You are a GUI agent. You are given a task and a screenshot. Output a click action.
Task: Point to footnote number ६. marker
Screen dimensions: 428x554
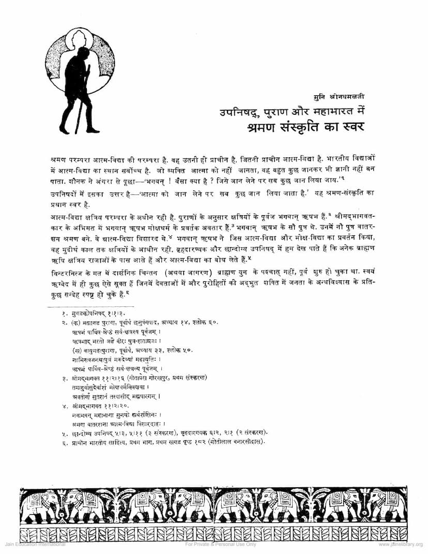(x=65, y=441)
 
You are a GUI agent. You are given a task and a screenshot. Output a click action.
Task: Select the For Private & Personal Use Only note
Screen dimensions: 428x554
(x=221, y=544)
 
